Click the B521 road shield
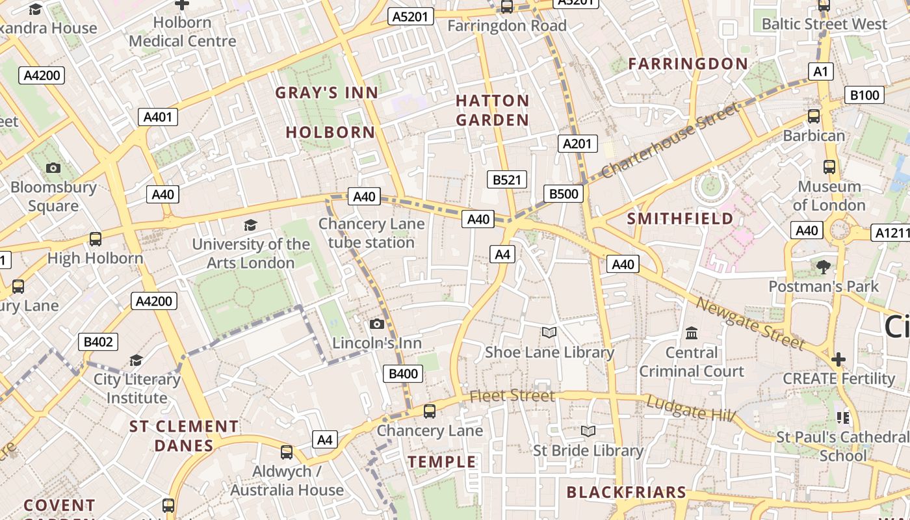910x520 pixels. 506,180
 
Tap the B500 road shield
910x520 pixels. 563,194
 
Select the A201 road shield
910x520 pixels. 577,144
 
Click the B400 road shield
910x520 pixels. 404,374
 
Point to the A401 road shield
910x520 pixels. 158,117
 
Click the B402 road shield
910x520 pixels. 99,342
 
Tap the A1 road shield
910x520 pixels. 820,71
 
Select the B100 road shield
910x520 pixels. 864,96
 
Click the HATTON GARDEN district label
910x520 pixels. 492,110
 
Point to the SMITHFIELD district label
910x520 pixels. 680,219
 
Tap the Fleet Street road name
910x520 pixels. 512,396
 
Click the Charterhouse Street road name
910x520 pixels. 669,141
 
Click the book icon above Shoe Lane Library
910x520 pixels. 549,333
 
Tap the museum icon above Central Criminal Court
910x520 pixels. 692,333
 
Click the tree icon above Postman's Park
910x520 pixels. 823,266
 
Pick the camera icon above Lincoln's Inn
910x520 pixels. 377,324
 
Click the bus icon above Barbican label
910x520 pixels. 813,116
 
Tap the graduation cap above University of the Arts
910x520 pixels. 250,225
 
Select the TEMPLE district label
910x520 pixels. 442,462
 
